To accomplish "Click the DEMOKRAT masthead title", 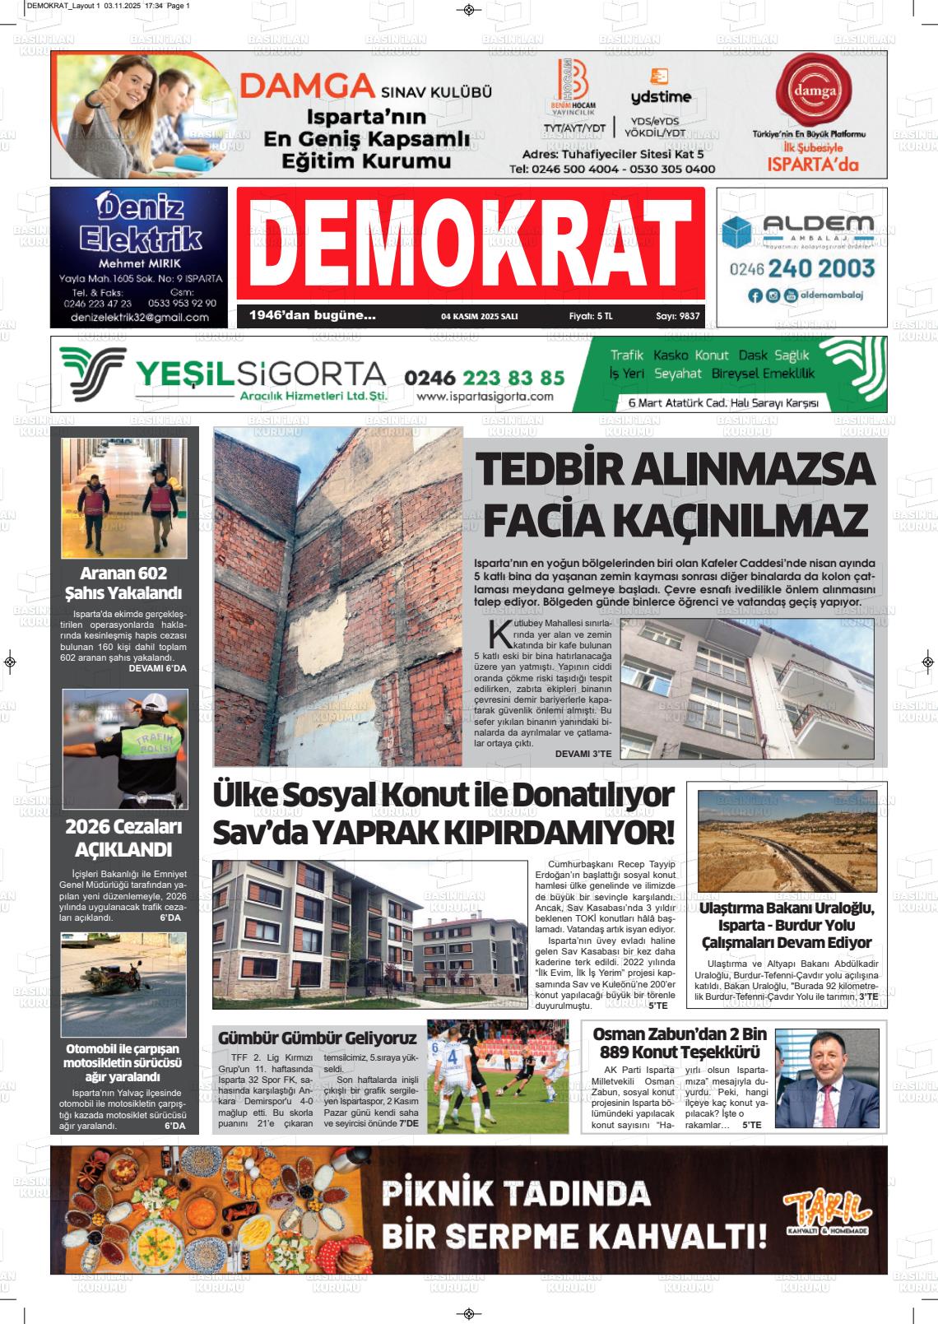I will coord(470,244).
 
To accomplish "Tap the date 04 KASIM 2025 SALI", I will coord(479,316).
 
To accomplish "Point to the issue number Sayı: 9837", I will coord(677,316).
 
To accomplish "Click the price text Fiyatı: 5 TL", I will coord(591,316).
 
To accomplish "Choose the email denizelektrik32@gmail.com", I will coord(138,317).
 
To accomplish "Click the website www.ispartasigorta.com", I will coord(485,397).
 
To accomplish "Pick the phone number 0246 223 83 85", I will coord(485,378).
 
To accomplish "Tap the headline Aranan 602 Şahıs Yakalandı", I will coord(123,583).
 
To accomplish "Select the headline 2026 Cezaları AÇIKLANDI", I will coord(123,838).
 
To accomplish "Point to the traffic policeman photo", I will coord(125,748).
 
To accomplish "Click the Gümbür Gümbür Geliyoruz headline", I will coord(317,1038).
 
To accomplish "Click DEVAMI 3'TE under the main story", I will coord(583,754).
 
